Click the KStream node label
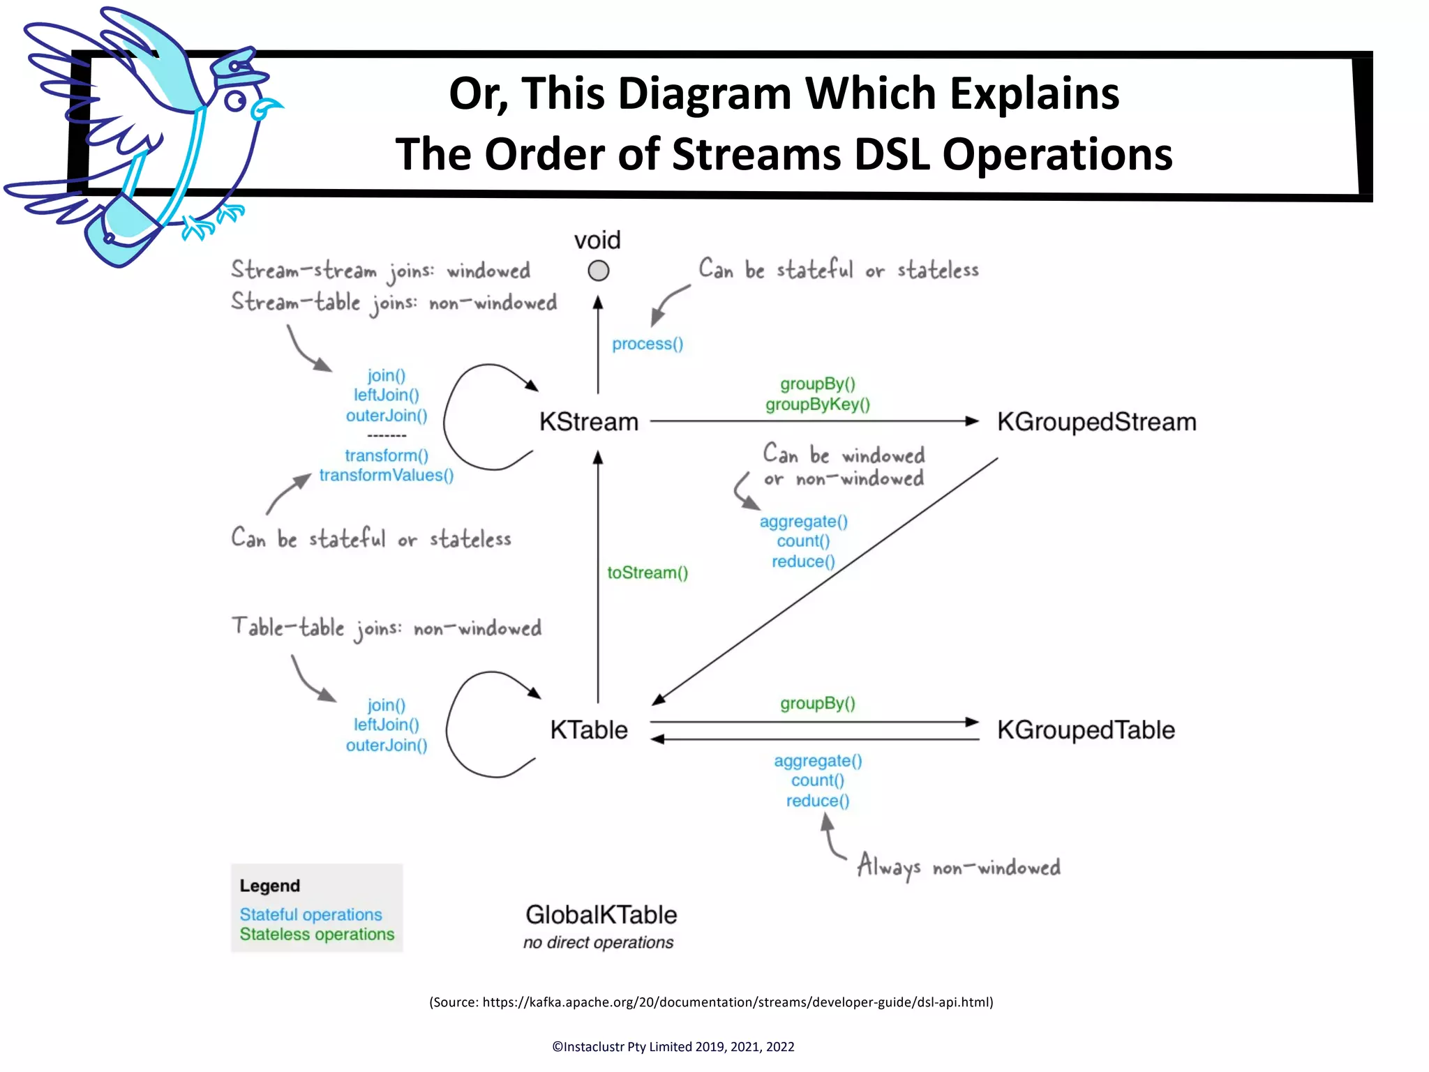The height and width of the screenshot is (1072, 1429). [x=589, y=422]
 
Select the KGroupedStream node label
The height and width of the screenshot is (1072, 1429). [x=1096, y=422]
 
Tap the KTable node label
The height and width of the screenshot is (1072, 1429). [x=589, y=730]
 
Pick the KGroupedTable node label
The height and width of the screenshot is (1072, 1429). [x=1086, y=730]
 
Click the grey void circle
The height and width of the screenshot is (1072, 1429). [x=598, y=271]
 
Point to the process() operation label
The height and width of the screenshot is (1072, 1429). [x=648, y=344]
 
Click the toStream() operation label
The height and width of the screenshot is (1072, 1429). [x=648, y=573]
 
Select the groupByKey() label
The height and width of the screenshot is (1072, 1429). [x=817, y=405]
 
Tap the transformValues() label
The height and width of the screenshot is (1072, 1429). [x=387, y=476]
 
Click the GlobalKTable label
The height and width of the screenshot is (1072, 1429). [x=601, y=914]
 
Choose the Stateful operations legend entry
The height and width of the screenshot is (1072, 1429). [x=311, y=914]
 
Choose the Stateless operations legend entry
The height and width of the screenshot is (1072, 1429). [x=317, y=935]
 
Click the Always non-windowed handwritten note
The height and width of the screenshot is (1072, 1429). [x=959, y=867]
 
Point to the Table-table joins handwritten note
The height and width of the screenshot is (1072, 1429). [x=386, y=628]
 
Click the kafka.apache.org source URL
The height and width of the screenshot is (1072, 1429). [x=737, y=1002]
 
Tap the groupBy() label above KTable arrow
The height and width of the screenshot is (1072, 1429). [x=817, y=703]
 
